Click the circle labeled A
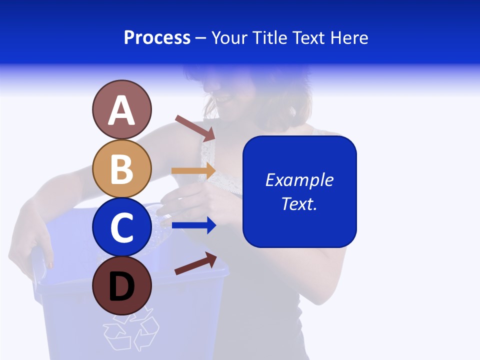[x=121, y=110]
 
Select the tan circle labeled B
[x=121, y=168]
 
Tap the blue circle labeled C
[x=121, y=227]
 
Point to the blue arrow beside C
[x=194, y=226]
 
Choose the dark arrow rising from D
[x=195, y=263]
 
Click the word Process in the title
[x=157, y=38]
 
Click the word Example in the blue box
[x=299, y=180]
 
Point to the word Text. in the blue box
[x=299, y=204]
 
